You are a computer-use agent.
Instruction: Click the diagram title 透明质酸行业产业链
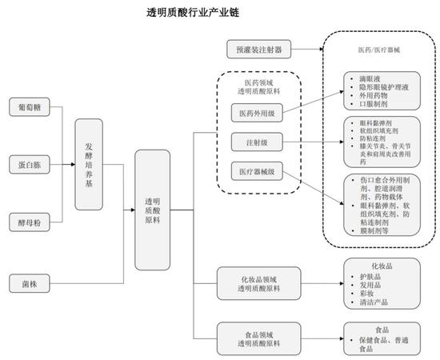point(192,14)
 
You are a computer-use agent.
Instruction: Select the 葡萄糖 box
point(26,106)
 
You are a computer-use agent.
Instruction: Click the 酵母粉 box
point(26,219)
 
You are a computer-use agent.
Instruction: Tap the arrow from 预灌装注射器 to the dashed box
point(305,49)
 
